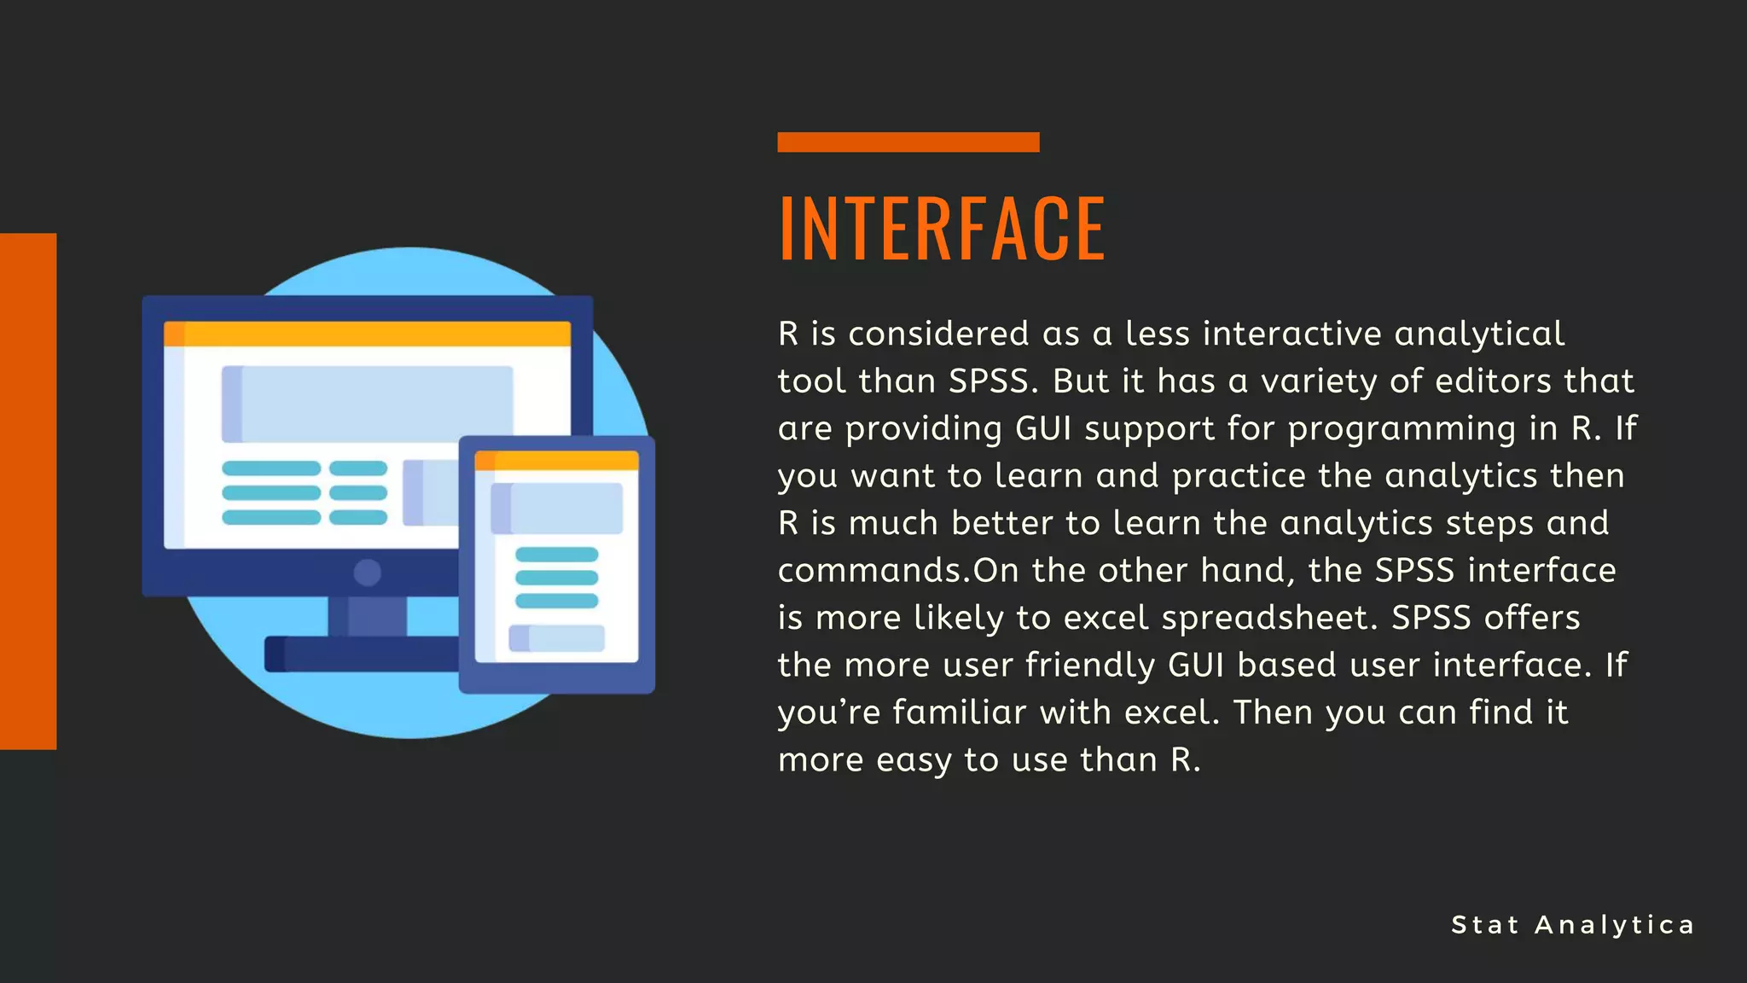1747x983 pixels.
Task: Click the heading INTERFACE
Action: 942,228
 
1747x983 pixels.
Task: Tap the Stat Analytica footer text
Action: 1572,925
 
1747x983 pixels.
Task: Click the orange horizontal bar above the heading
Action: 908,142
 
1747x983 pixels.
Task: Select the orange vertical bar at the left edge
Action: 28,491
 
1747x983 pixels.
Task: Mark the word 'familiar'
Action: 959,712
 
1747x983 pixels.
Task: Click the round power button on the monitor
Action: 368,572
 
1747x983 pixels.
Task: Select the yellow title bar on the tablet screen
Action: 556,461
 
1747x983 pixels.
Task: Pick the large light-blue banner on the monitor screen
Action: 368,404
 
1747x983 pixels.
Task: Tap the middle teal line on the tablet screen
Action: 556,577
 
